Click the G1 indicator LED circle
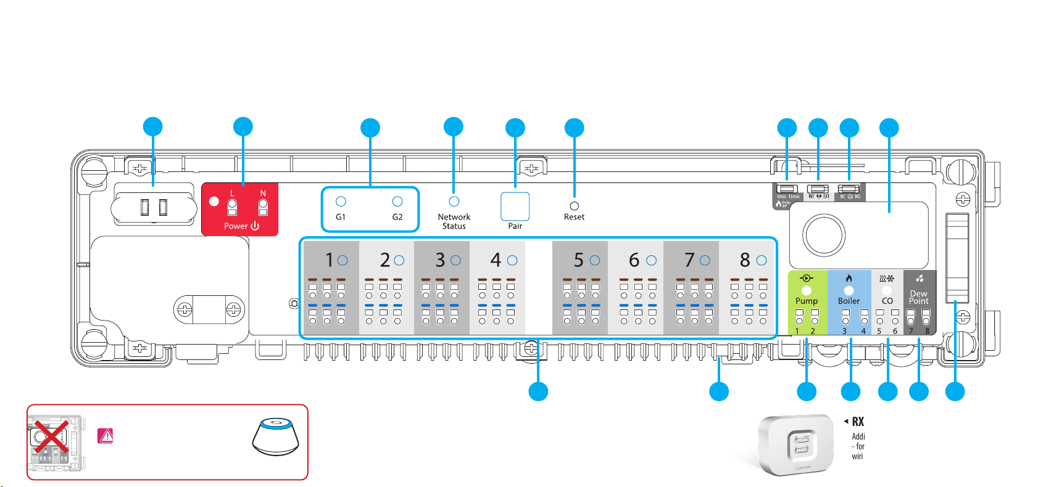[x=341, y=202]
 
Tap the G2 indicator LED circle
[x=397, y=202]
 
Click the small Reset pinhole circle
[x=575, y=206]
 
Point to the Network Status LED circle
[x=454, y=202]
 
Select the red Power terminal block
[x=240, y=209]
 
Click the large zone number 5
[x=578, y=261]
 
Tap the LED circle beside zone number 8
[x=762, y=261]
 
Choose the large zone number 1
[x=330, y=261]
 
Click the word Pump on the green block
[x=807, y=301]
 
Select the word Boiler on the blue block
[x=849, y=301]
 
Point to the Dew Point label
[x=918, y=297]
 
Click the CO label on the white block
[x=887, y=301]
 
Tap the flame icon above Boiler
[x=849, y=279]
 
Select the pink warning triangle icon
[x=106, y=436]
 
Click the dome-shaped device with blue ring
[x=275, y=436]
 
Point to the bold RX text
[x=858, y=422]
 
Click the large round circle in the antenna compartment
[x=823, y=235]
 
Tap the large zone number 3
[x=440, y=261]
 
